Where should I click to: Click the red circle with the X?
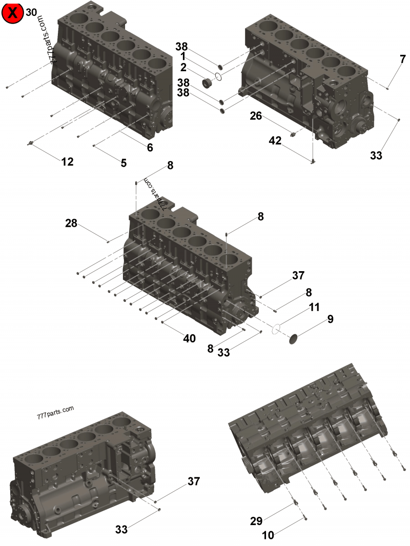tap(12, 13)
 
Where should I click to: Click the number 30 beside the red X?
tap(31, 12)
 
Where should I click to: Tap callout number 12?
tap(67, 162)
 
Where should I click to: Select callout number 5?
tap(124, 163)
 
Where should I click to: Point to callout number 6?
tap(150, 148)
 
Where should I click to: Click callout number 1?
tap(182, 56)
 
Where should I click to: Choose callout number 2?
tap(183, 67)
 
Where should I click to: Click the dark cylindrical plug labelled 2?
tap(208, 83)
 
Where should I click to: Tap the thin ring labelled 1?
tap(218, 76)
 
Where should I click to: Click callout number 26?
tap(256, 116)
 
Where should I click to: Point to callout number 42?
tap(275, 140)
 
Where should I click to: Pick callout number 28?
tap(71, 223)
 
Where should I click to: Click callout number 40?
tap(189, 338)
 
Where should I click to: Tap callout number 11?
tap(314, 307)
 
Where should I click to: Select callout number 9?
tap(330, 319)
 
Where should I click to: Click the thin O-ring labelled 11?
tap(276, 329)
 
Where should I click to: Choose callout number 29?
tap(256, 521)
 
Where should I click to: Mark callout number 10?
tap(268, 535)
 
